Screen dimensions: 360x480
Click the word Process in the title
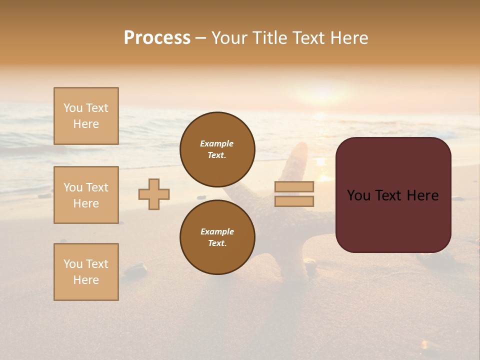tap(157, 38)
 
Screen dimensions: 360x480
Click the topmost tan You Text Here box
tap(86, 116)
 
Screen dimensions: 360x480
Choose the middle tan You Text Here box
tap(86, 195)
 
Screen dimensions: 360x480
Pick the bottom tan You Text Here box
tap(86, 272)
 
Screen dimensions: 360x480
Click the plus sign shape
tap(154, 194)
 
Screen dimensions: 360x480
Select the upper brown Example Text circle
tap(217, 149)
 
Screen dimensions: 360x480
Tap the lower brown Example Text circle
tap(217, 237)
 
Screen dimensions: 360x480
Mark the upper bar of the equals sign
tap(294, 186)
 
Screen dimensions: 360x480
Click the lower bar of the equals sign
tap(294, 201)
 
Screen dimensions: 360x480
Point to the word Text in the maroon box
tap(390, 195)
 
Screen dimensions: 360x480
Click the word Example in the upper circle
tap(217, 143)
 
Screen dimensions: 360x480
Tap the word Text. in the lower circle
tap(217, 243)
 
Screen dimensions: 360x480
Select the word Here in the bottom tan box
tap(86, 280)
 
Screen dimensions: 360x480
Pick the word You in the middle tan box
tap(72, 187)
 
